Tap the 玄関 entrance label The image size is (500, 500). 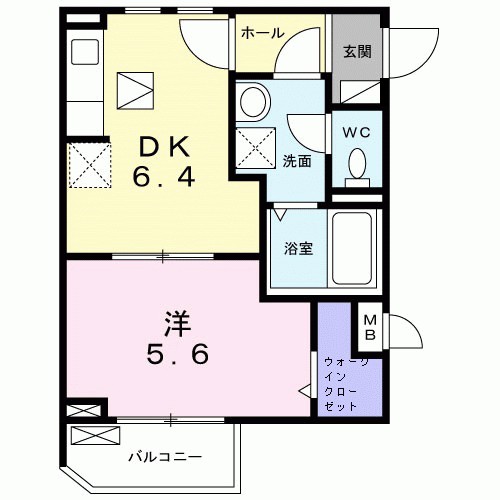pos(357,51)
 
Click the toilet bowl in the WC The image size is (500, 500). pos(356,166)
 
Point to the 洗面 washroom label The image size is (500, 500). pos(295,160)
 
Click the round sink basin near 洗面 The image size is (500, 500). pos(254,101)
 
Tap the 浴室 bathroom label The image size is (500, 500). pos(296,247)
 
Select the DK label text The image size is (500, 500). pos(165,148)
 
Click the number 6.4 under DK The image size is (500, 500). pos(165,180)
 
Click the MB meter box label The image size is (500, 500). pos(369,326)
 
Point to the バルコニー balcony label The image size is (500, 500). pos(165,457)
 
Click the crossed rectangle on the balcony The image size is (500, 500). pos(96,436)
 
